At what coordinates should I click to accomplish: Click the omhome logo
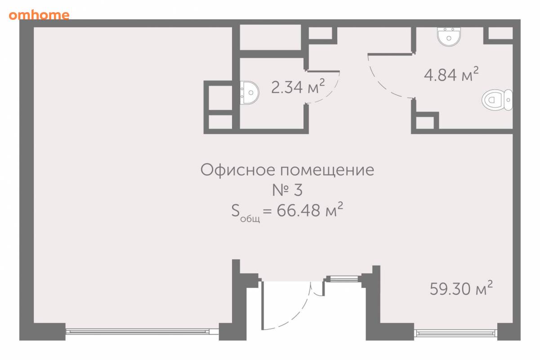click(39, 15)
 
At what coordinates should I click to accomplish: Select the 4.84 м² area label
click(451, 74)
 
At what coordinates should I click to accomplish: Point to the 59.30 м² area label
click(461, 288)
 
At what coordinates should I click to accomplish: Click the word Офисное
click(237, 170)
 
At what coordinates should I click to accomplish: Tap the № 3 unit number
click(287, 190)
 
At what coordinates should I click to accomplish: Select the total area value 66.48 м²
click(310, 210)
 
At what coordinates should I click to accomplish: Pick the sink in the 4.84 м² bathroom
click(449, 36)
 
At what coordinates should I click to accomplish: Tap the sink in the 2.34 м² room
click(250, 93)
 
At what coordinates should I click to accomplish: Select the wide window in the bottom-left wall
click(142, 332)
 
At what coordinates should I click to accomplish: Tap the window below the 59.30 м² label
click(455, 333)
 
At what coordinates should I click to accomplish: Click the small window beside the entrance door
click(344, 279)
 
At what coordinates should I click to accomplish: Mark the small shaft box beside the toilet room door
click(425, 122)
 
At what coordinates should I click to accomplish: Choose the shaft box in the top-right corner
click(500, 33)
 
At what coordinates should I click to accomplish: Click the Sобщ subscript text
click(250, 219)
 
